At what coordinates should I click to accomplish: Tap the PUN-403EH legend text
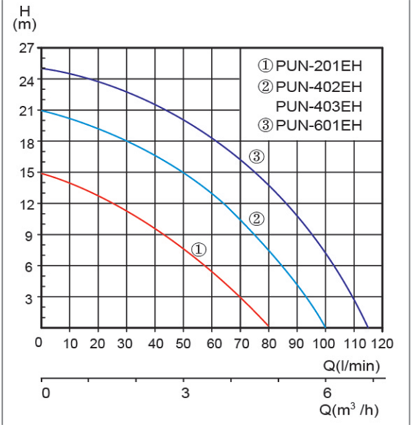[x=318, y=106]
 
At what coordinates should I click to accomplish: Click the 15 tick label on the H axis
[x=25, y=173]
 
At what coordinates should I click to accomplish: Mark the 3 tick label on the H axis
[x=29, y=298]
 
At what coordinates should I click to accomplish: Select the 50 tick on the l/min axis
[x=183, y=343]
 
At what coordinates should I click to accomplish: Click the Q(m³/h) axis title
[x=350, y=410]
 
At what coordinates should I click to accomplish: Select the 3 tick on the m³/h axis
[x=185, y=393]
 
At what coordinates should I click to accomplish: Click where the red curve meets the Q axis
[x=268, y=326]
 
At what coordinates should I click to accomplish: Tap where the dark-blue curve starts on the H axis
[x=43, y=68]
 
